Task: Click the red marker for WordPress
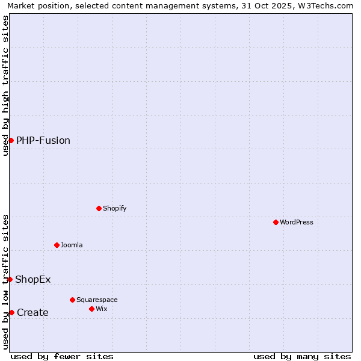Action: pyautogui.click(x=276, y=222)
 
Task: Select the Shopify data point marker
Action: pyautogui.click(x=99, y=208)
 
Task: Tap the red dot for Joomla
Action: pyautogui.click(x=57, y=245)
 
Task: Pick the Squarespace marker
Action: pyautogui.click(x=72, y=300)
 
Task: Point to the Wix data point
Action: pyautogui.click(x=91, y=309)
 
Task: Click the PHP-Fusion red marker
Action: pyautogui.click(x=11, y=140)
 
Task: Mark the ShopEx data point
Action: pyautogui.click(x=10, y=279)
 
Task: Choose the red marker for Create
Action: pyautogui.click(x=11, y=312)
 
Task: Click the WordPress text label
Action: pyautogui.click(x=297, y=222)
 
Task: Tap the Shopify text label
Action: pyautogui.click(x=114, y=208)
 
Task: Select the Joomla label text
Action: pyautogui.click(x=72, y=245)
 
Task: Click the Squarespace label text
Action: pyautogui.click(x=97, y=300)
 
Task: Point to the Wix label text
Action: pyautogui.click(x=102, y=309)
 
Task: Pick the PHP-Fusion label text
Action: pyautogui.click(x=43, y=141)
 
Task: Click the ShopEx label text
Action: pyautogui.click(x=33, y=279)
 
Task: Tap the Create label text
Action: pyautogui.click(x=32, y=312)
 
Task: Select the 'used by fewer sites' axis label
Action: pyautogui.click(x=62, y=356)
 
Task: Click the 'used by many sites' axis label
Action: pyautogui.click(x=302, y=356)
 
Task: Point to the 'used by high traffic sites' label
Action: pyautogui.click(x=6, y=85)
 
